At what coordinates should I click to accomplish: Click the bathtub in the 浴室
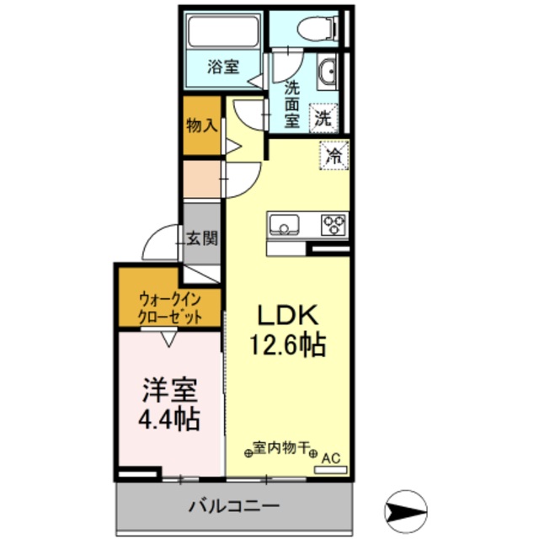[223, 31]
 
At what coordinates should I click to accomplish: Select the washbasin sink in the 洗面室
[327, 72]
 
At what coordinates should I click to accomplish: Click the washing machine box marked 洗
[323, 118]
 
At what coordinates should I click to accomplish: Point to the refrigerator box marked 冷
[334, 155]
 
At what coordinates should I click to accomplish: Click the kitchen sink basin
[284, 225]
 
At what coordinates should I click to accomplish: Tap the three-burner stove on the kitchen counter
[334, 225]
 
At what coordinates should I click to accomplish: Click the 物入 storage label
[202, 125]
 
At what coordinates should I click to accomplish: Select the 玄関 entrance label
[202, 238]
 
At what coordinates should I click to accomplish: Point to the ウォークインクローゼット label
[170, 308]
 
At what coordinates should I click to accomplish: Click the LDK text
[287, 316]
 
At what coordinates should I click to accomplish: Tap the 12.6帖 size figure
[287, 344]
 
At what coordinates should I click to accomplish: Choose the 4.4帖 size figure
[169, 419]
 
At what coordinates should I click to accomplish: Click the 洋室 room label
[170, 390]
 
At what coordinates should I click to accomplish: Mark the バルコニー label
[234, 506]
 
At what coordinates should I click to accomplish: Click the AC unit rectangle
[331, 470]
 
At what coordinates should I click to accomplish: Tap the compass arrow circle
[406, 511]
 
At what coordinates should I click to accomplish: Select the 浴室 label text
[223, 67]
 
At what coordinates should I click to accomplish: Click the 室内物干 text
[280, 447]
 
